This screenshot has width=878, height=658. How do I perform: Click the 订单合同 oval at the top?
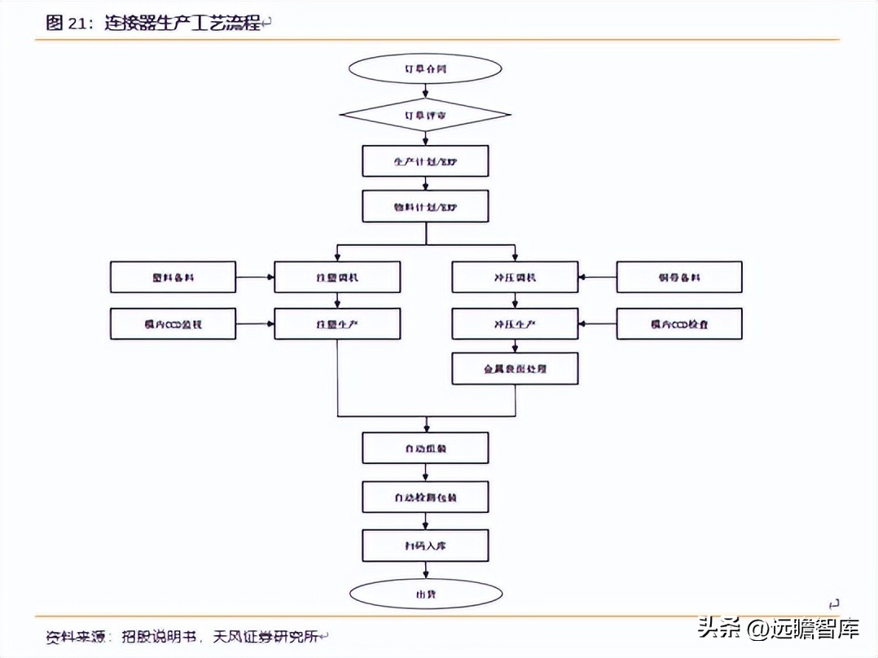pos(425,69)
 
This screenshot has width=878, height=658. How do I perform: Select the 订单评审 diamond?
pos(425,116)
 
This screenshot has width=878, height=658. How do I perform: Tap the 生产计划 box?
pos(425,161)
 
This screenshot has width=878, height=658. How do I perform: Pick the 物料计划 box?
pos(425,207)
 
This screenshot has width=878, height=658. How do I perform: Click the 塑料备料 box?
pos(173,278)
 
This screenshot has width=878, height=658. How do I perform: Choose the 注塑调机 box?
pos(337,278)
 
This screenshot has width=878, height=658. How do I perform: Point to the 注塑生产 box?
pos(337,324)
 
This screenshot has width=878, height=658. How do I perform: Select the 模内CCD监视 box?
pos(173,324)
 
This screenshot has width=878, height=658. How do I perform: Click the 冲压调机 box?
pos(515,278)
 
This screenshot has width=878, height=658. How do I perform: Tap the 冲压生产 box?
pos(515,324)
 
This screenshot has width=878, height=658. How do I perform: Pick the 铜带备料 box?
pos(679,278)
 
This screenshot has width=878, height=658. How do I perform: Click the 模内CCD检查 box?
pos(679,324)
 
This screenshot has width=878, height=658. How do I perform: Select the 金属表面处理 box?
pos(515,369)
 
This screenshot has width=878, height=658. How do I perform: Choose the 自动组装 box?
pos(425,448)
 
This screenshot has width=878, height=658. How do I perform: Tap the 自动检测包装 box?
pos(425,496)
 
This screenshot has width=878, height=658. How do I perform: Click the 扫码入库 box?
pos(425,546)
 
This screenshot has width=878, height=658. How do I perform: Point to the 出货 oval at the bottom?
pos(425,594)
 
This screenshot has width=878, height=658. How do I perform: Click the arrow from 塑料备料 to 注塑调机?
pos(255,278)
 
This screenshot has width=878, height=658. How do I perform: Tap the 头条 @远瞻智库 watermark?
pos(778,628)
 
